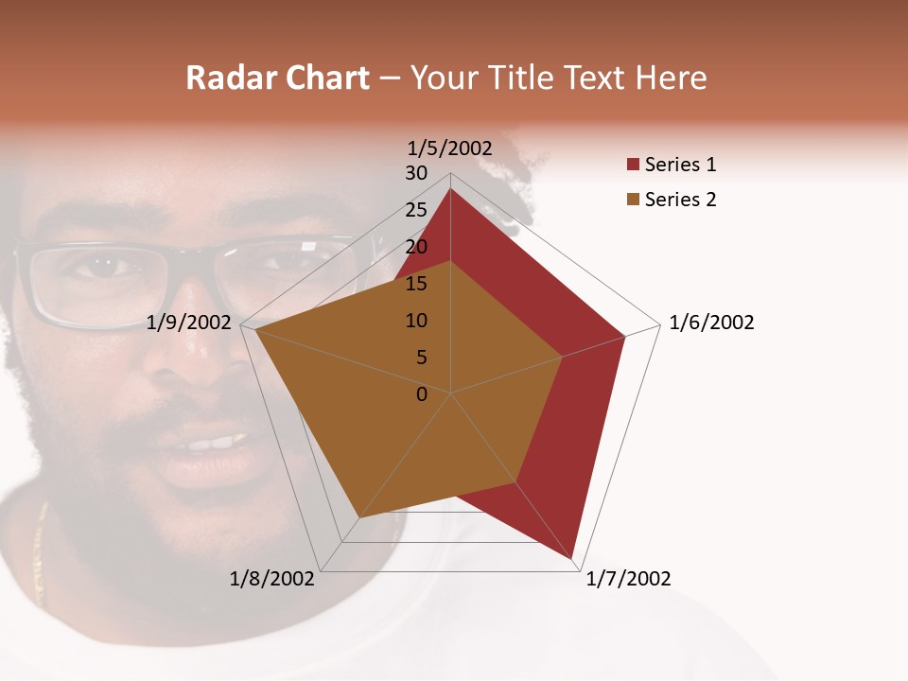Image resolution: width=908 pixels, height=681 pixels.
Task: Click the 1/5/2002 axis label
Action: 450,148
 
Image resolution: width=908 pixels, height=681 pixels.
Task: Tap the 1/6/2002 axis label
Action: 711,323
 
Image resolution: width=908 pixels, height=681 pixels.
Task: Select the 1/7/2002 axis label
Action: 628,579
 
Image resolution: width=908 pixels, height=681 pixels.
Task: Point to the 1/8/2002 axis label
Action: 272,579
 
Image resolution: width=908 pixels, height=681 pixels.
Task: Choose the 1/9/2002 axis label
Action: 189,323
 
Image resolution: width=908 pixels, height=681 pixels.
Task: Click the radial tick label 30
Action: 416,173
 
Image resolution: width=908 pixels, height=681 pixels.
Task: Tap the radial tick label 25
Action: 416,210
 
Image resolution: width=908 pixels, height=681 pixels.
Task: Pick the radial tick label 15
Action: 416,284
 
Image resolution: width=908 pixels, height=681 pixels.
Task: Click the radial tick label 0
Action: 422,394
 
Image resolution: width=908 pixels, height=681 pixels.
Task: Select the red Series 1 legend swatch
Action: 633,166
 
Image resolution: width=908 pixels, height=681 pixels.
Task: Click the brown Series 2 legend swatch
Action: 633,200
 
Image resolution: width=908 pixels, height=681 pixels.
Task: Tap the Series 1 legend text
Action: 680,166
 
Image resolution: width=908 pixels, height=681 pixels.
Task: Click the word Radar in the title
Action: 227,78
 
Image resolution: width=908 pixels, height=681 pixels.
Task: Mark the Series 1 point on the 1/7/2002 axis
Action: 572,560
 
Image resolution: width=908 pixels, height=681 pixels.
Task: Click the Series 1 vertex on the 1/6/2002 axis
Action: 624,336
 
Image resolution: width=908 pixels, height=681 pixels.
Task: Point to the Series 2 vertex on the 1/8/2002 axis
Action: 358,517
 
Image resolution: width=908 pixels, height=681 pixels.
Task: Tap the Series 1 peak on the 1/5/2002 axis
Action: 450,189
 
